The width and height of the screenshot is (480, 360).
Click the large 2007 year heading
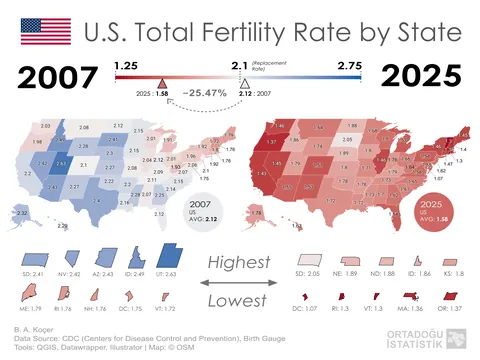[60, 77]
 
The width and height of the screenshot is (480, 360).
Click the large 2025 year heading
[420, 77]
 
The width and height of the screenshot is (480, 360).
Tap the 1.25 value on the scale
[125, 65]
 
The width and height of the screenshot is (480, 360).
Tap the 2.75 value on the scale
[349, 65]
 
